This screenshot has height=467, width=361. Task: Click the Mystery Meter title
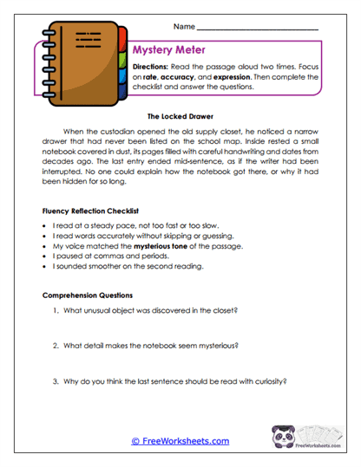click(x=169, y=49)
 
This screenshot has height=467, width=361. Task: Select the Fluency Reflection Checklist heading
click(x=89, y=210)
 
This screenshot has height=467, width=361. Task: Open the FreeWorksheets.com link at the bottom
click(x=180, y=441)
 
